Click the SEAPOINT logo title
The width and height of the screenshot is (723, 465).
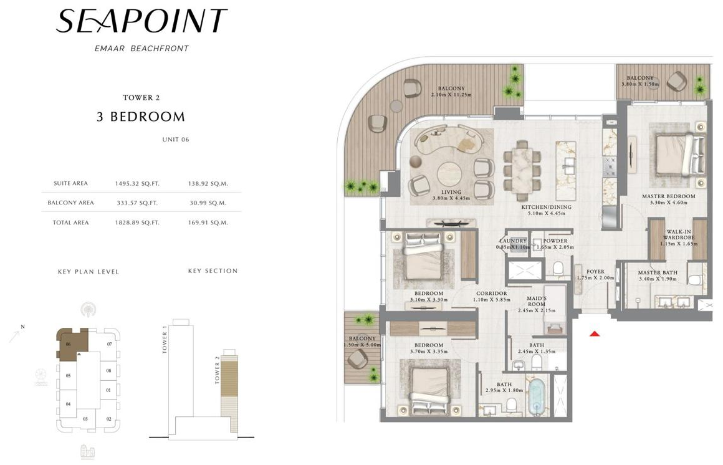pyautogui.click(x=141, y=21)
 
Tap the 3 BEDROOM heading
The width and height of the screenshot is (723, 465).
pyautogui.click(x=141, y=117)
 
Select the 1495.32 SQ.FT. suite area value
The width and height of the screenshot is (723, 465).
pyautogui.click(x=136, y=184)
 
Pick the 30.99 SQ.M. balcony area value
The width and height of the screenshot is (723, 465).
pyautogui.click(x=208, y=203)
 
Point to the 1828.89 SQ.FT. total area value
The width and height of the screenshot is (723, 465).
pyautogui.click(x=136, y=223)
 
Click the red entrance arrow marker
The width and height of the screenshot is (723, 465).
pyautogui.click(x=595, y=334)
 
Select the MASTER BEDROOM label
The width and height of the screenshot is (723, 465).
pyautogui.click(x=668, y=196)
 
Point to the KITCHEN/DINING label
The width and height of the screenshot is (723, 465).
pyautogui.click(x=547, y=207)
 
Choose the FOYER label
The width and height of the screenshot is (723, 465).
pyautogui.click(x=595, y=272)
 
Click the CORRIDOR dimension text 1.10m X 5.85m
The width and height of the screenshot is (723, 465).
pyautogui.click(x=491, y=300)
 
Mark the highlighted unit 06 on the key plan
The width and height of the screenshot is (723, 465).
pyautogui.click(x=70, y=343)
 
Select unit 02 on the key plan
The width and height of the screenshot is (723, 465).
pyautogui.click(x=108, y=419)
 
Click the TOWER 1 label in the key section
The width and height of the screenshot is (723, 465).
pyautogui.click(x=165, y=343)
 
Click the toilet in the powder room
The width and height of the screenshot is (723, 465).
pyautogui.click(x=558, y=268)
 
